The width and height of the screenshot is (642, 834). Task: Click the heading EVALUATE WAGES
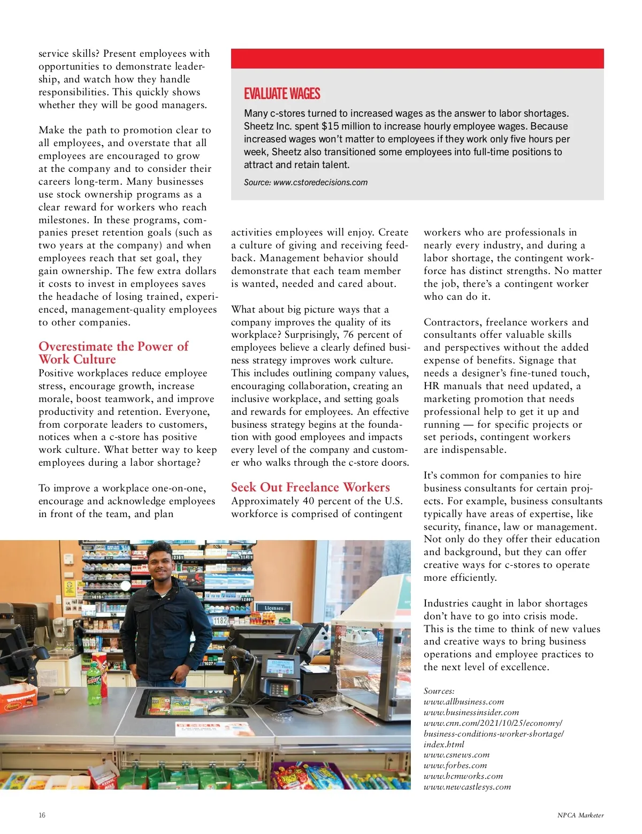pos(282,94)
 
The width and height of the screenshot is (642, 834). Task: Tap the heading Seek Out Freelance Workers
pos(310,487)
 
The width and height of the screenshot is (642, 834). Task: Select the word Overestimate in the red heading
pos(75,346)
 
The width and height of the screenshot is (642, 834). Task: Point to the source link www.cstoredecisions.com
pos(320,183)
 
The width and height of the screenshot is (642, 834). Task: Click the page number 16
pos(42,815)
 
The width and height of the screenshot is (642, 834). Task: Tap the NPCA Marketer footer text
pos(580,815)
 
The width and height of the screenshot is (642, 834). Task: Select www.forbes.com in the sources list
pos(455,765)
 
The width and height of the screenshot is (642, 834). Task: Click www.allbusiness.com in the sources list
pos(463,702)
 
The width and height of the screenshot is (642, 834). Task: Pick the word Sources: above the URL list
pos(439,691)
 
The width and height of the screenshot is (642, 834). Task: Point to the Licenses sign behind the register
pos(274,608)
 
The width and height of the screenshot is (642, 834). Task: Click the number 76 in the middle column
pos(348,335)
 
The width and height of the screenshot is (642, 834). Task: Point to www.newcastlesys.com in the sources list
pos(467,787)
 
